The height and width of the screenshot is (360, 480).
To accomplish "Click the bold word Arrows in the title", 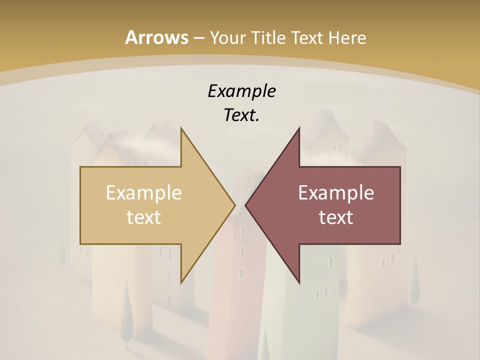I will (x=156, y=37).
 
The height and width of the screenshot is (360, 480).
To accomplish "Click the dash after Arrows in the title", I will (x=198, y=38).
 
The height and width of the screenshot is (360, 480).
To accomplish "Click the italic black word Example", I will (x=241, y=91).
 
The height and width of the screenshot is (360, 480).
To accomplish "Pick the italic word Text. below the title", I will (x=241, y=115).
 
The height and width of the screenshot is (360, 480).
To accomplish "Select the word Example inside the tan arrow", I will (x=144, y=192).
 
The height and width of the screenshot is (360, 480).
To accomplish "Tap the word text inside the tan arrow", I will (x=144, y=217).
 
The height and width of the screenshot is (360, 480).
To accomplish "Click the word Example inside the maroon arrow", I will (x=336, y=192).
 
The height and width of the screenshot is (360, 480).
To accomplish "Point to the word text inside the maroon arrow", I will (x=336, y=217).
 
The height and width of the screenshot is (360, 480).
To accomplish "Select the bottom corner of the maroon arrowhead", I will (x=299, y=283).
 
